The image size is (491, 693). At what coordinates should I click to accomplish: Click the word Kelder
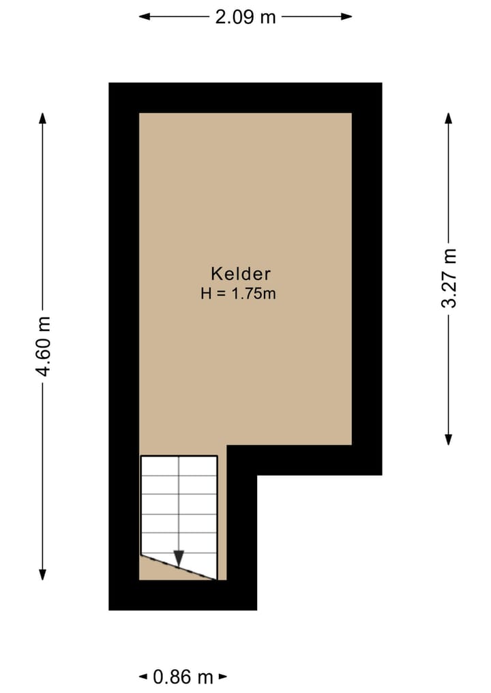click(x=241, y=274)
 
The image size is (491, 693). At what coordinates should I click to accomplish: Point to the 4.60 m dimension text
click(x=44, y=346)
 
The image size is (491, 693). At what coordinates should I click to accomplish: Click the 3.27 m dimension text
click(x=449, y=278)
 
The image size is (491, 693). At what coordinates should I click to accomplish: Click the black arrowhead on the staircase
click(x=179, y=557)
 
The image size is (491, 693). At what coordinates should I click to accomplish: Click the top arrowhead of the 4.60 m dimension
click(x=43, y=117)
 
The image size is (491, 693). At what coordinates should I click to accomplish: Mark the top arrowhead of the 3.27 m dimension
click(x=449, y=117)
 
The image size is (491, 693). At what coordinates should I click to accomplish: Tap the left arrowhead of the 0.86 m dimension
click(x=143, y=677)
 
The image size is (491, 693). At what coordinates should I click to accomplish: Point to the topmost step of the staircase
click(x=179, y=465)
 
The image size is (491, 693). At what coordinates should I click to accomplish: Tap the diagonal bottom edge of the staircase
click(x=179, y=566)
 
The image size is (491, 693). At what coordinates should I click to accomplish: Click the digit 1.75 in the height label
click(x=252, y=294)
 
